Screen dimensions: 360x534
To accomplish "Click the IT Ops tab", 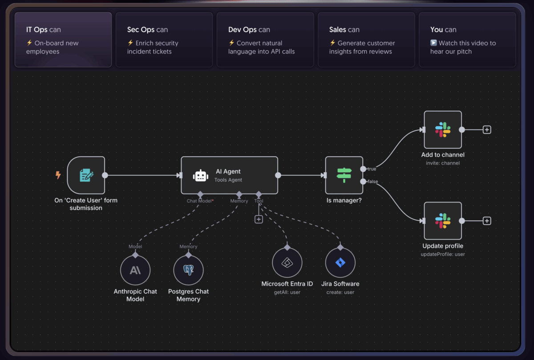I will tap(63, 40).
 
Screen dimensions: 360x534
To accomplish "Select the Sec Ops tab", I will tap(164, 40).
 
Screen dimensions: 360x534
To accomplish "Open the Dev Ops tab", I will tap(265, 40).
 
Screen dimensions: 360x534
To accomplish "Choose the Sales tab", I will tap(366, 40).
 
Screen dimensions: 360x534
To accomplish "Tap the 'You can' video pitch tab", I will tap(467, 40).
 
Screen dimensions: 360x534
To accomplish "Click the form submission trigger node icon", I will tap(86, 175).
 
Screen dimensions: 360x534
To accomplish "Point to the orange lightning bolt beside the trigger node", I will tap(58, 175).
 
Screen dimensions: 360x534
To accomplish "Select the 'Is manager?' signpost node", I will tap(344, 175).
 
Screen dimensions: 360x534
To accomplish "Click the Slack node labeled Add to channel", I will tap(443, 129).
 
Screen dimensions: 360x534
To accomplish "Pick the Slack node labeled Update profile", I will tap(443, 221).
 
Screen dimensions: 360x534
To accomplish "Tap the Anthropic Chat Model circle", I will tap(135, 270).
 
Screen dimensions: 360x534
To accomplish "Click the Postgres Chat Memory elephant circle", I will tap(189, 270).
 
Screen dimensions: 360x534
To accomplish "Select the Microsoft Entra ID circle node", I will tap(287, 263).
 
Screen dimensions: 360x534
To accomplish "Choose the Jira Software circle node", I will tap(340, 263).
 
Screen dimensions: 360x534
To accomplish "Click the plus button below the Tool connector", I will tap(259, 219).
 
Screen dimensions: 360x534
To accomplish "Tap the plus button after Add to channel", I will tap(487, 129).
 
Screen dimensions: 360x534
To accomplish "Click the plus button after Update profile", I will tap(487, 221).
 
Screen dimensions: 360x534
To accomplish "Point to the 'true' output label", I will tap(372, 169).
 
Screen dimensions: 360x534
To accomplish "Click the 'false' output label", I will tap(372, 182).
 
